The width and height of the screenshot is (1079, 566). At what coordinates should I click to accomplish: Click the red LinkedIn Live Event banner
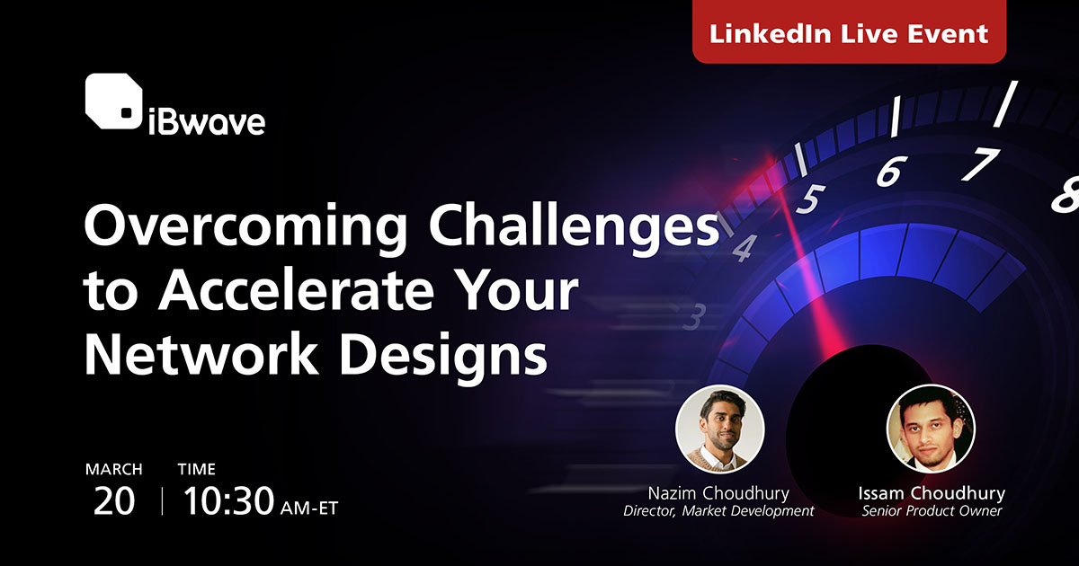click(x=849, y=33)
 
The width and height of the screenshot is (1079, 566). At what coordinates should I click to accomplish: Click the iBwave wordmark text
click(x=206, y=120)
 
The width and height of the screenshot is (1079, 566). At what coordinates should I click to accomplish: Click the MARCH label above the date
click(x=113, y=469)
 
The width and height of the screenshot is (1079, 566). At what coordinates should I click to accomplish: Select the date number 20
click(x=113, y=501)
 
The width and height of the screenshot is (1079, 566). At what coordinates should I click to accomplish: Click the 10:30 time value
click(x=228, y=501)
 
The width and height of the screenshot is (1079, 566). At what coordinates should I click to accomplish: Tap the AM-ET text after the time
click(x=310, y=507)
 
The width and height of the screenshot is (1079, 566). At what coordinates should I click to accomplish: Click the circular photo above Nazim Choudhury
click(x=719, y=429)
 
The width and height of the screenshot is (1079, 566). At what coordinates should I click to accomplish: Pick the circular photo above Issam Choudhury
click(x=931, y=429)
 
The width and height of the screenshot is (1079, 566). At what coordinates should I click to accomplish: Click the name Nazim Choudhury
click(x=718, y=493)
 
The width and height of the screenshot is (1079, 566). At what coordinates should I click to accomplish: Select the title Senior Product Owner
click(x=931, y=511)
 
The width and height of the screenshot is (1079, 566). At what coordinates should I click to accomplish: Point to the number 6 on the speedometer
click(x=889, y=171)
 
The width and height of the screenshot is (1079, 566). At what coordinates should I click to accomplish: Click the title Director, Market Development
click(x=718, y=511)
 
